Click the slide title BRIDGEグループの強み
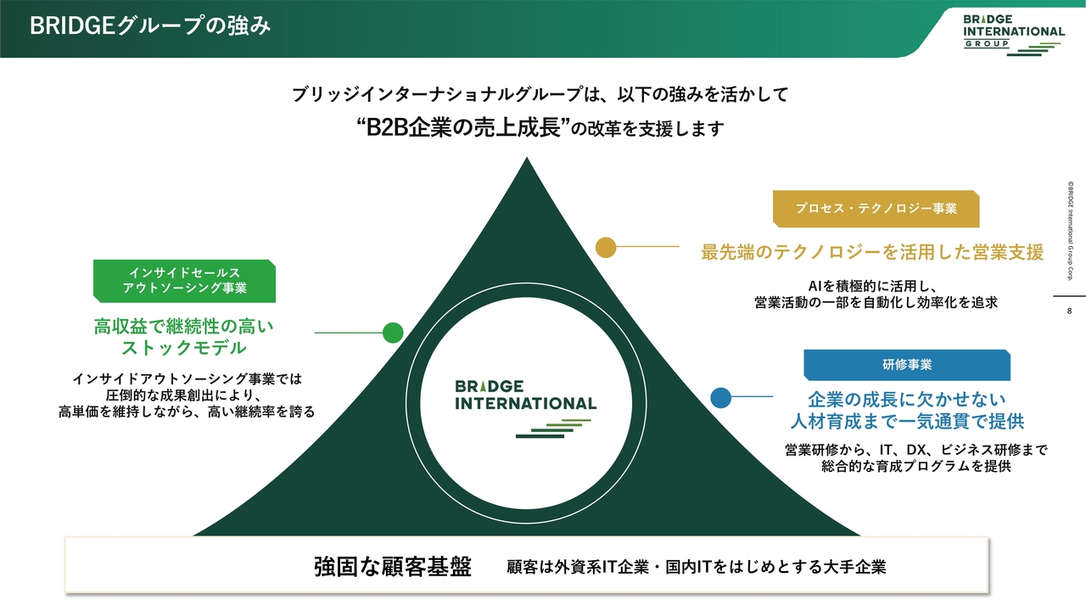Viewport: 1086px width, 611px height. pos(150,26)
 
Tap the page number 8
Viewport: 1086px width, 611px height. pos(1069,311)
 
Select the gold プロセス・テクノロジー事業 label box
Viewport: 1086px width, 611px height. pos(876,208)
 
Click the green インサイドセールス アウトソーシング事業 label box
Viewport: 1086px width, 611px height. pos(184,281)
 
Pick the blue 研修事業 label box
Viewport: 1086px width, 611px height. pos(907,364)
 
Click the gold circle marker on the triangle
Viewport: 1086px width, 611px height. pos(606,247)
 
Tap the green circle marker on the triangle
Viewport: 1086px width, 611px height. pos(393,333)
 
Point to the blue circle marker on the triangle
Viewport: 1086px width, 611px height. pos(721,396)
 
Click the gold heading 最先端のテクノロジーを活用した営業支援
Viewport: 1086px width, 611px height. pos(872,252)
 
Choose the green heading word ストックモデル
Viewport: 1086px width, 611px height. pos(184,347)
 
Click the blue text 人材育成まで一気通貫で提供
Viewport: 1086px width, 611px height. pos(907,421)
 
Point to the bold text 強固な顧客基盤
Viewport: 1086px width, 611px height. pos(392,566)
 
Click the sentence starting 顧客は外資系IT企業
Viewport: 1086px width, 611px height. pos(696,567)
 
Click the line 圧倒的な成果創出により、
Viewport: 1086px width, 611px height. pos(184,395)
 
